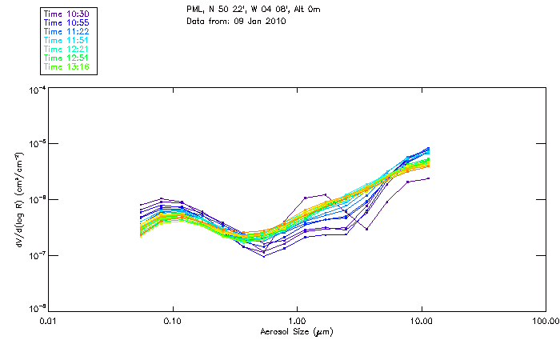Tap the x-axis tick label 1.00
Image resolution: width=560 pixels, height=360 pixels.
[297, 322]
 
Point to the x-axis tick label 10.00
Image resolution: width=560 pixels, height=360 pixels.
[421, 322]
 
